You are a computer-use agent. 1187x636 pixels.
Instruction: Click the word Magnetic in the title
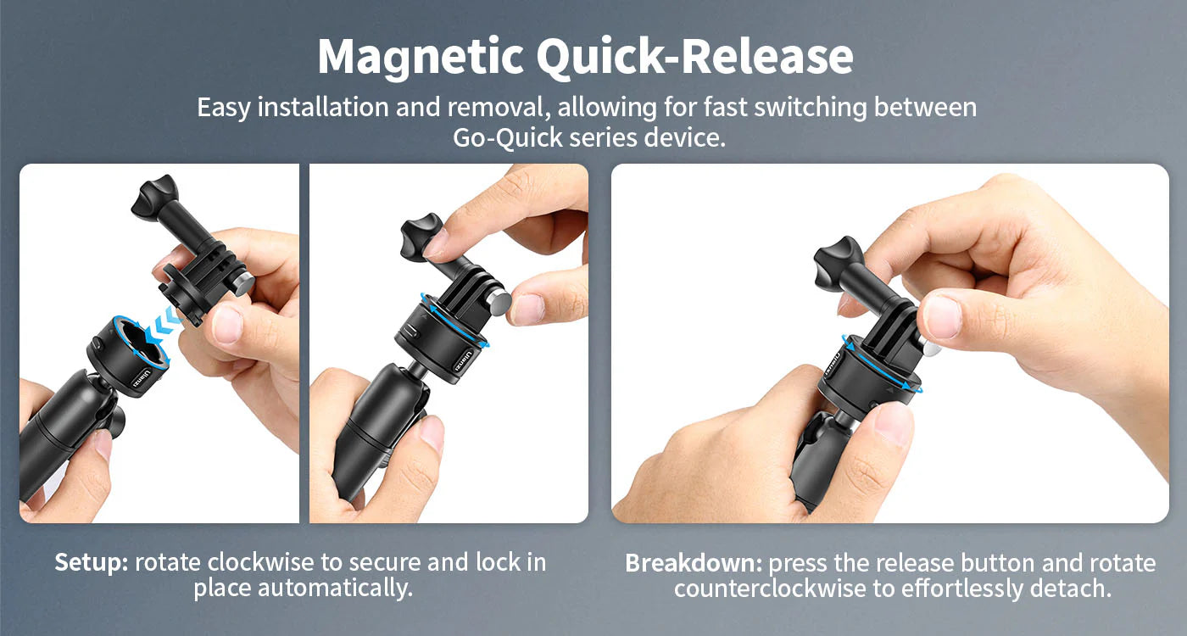(421, 58)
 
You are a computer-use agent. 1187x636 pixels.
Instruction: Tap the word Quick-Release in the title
(694, 56)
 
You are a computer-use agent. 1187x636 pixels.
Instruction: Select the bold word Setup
(92, 563)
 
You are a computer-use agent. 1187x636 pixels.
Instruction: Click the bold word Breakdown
(694, 563)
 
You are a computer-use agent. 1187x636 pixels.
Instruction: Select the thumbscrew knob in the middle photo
(421, 237)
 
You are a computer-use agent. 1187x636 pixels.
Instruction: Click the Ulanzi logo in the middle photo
(461, 360)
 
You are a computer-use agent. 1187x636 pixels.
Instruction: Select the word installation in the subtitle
(323, 107)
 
